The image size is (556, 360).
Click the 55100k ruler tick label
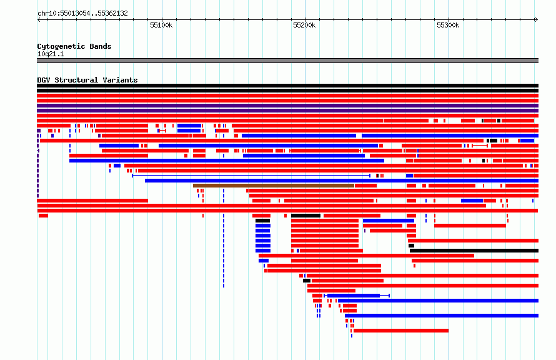click(x=161, y=25)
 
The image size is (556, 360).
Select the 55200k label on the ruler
click(x=304, y=25)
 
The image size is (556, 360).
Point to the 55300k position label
click(x=448, y=25)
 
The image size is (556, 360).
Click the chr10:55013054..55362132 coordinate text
click(x=82, y=14)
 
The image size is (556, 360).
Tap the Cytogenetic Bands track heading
click(x=74, y=46)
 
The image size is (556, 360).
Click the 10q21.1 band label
click(x=51, y=54)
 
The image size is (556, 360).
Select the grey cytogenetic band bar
click(x=287, y=61)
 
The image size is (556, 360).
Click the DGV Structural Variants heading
click(x=87, y=80)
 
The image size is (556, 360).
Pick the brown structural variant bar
click(x=274, y=186)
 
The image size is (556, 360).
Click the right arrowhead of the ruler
click(x=537, y=19)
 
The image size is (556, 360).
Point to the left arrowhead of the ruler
click(x=39, y=19)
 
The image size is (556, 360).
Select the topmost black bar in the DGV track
click(x=287, y=86)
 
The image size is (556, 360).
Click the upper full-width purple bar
click(x=287, y=106)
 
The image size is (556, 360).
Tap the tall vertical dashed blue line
click(x=224, y=238)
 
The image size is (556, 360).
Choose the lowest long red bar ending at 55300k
click(x=401, y=331)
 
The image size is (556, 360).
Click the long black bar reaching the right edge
click(x=474, y=251)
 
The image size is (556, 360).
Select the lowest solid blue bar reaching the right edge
click(x=442, y=315)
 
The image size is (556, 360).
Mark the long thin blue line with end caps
click(x=251, y=176)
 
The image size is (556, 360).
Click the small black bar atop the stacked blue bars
click(x=263, y=221)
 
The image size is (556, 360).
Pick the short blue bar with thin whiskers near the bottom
click(x=357, y=296)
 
